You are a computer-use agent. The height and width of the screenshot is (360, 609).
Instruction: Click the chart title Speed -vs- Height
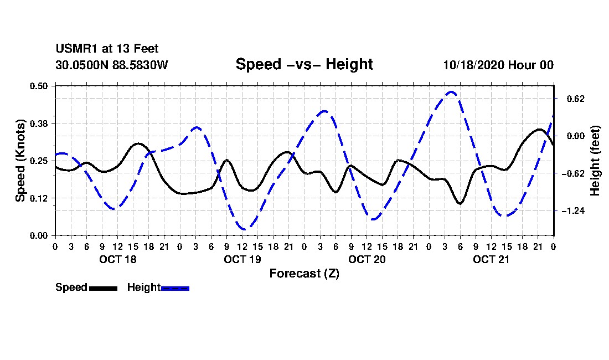pos(304,64)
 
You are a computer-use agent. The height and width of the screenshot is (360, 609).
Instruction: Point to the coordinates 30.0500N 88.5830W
pos(111,65)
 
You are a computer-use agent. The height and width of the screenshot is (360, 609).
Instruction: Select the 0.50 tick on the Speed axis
pos(40,85)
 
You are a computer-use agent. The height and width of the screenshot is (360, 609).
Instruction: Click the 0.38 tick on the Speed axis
pos(40,123)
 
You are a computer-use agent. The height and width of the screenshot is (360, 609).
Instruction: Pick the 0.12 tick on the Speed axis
pos(40,198)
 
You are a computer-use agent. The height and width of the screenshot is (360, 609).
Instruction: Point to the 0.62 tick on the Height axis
pos(575,99)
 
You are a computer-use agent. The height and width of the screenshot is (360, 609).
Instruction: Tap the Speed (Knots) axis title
pos(20,160)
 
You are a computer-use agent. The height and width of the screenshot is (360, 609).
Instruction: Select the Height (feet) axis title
pos(595,161)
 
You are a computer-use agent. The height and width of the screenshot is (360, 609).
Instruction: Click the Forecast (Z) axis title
pos(304,273)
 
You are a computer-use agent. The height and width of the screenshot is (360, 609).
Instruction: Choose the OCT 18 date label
pos(117,259)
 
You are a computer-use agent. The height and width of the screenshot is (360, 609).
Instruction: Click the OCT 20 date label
pos(367,259)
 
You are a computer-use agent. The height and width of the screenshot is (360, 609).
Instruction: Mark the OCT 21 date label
pos(491,259)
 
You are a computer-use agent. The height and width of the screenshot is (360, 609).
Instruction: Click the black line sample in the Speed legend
pos(103,288)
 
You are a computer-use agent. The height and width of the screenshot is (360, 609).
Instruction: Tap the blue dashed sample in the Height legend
pos(175,288)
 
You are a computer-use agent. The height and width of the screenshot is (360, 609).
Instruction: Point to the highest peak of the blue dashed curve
pos(451,92)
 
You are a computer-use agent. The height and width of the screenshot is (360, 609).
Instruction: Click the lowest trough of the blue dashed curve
pos(243,229)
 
